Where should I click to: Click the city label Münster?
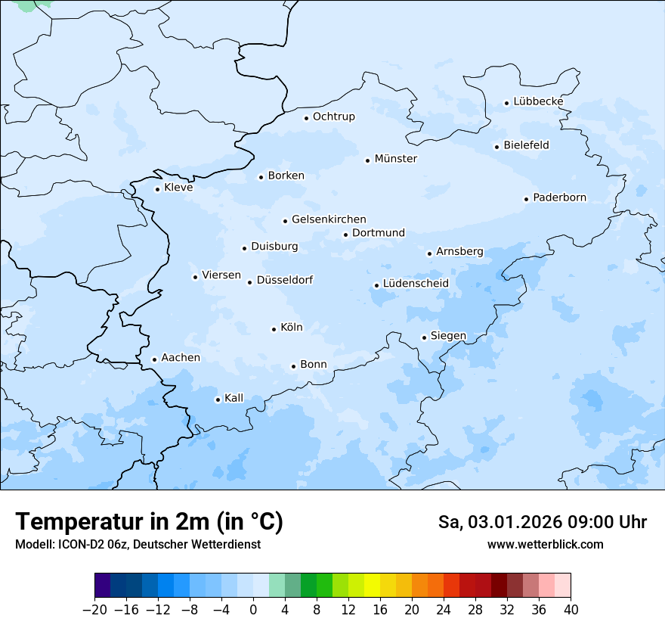point(395,159)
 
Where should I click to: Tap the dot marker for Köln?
point(274,329)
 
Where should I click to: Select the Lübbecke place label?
point(538,101)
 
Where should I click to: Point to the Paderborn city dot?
point(526,199)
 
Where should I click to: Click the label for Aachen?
point(181,358)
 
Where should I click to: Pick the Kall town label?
point(234,398)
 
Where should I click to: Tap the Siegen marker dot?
point(424,337)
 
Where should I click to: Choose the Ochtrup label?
point(333,117)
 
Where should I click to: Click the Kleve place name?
point(178,188)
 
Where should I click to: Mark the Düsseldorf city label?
point(284,281)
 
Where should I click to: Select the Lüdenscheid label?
point(416,284)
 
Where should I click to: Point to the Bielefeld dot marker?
point(496,147)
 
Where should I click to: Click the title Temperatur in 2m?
point(149,521)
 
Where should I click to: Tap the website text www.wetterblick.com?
point(545,544)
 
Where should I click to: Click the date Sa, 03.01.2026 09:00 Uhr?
point(542,522)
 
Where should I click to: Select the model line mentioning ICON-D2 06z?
point(138,544)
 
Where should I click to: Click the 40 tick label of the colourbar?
point(571,610)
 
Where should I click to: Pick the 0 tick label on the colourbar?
point(253,610)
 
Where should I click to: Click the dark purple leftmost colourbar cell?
point(102,586)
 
